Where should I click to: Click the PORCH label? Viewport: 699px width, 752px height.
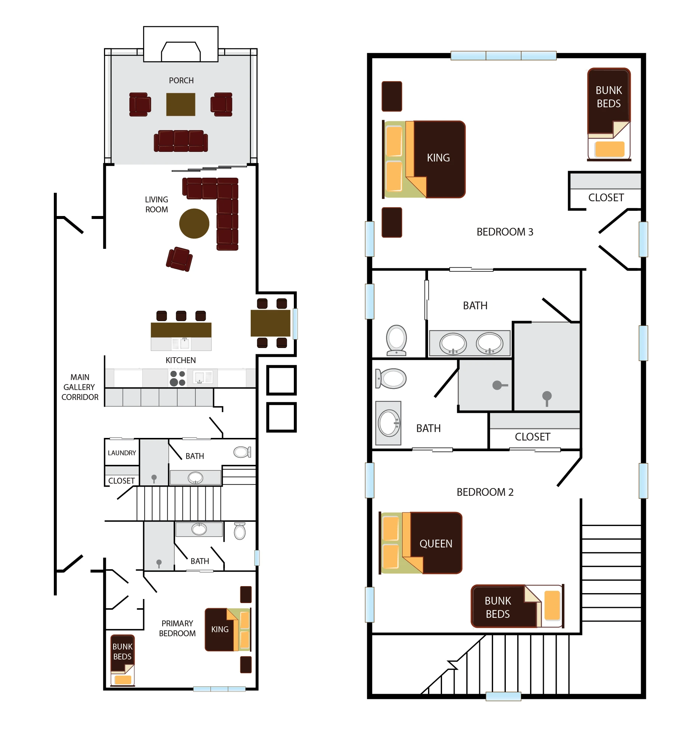pyautogui.click(x=181, y=81)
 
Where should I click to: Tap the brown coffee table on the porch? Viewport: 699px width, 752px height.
pyautogui.click(x=181, y=104)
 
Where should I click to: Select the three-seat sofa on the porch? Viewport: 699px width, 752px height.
pyautogui.click(x=181, y=141)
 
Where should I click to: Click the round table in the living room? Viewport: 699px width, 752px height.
pyautogui.click(x=194, y=223)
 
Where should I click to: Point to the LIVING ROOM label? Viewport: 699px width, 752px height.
pyautogui.click(x=157, y=205)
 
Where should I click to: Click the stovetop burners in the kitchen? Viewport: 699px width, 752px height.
pyautogui.click(x=177, y=378)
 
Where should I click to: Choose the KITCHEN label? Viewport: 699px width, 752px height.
pyautogui.click(x=181, y=360)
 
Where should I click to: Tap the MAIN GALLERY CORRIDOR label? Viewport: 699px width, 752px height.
pyautogui.click(x=80, y=387)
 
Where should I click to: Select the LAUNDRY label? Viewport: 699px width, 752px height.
pyautogui.click(x=122, y=453)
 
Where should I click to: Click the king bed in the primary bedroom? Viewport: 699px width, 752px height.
pyautogui.click(x=228, y=630)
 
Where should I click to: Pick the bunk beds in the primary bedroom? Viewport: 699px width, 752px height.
pyautogui.click(x=122, y=660)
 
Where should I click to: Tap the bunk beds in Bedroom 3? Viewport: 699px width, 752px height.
pyautogui.click(x=609, y=114)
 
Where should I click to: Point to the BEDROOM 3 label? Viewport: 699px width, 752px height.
pyautogui.click(x=505, y=232)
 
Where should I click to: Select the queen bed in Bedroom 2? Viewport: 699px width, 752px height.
pyautogui.click(x=420, y=543)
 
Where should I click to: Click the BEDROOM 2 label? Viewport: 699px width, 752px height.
pyautogui.click(x=485, y=492)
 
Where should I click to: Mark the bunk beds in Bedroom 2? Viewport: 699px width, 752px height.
pyautogui.click(x=518, y=606)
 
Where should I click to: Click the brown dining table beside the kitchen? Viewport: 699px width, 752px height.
pyautogui.click(x=271, y=323)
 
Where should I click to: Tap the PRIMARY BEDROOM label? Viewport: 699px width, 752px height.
pyautogui.click(x=177, y=628)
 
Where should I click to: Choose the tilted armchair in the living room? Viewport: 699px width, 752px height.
pyautogui.click(x=179, y=259)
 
